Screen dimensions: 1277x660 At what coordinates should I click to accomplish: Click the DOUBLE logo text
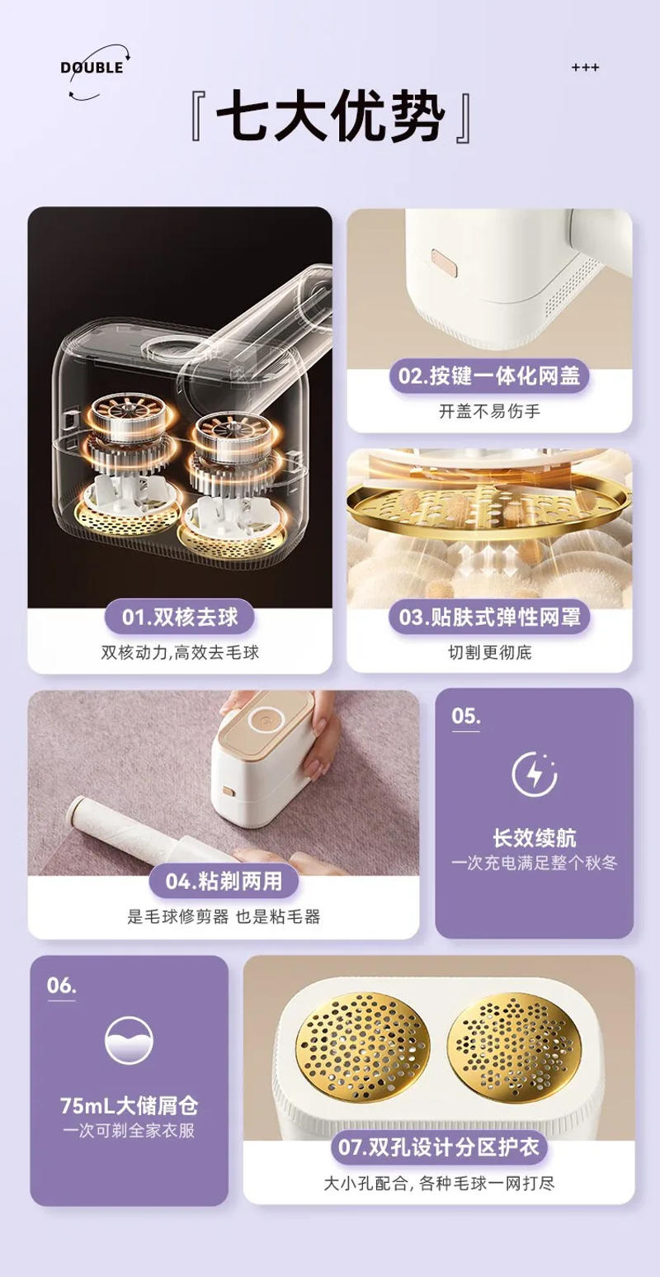point(92,68)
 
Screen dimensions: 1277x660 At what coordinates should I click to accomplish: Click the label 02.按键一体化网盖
point(489,376)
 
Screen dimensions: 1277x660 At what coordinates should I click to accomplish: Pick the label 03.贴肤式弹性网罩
point(489,617)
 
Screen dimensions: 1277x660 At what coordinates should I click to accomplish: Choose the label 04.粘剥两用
point(224,881)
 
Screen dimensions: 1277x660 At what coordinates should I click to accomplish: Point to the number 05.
point(465,716)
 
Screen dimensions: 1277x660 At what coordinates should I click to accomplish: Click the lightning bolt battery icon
point(534,774)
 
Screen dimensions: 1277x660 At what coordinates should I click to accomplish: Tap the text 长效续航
point(534,838)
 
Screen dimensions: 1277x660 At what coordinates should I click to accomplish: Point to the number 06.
point(61,986)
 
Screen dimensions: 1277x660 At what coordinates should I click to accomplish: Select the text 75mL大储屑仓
point(129,1105)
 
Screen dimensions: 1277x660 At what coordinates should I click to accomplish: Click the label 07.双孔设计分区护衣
point(439,1147)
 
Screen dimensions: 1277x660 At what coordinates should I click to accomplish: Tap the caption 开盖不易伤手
point(489,411)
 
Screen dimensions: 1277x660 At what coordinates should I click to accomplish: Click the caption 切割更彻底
point(489,652)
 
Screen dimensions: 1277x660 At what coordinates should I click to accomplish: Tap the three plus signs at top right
point(585,68)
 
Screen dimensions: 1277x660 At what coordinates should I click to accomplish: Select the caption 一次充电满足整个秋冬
point(534,863)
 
